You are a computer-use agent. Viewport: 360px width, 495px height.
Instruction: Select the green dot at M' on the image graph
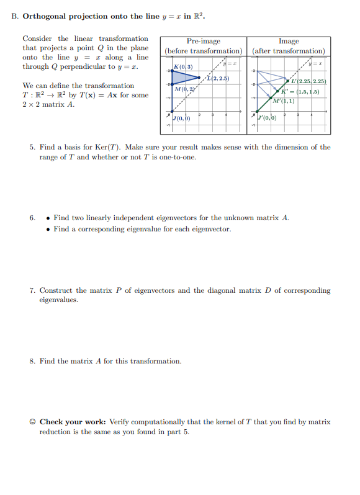pyautogui.click(x=271, y=101)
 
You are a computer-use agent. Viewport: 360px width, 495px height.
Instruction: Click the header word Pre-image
pyautogui.click(x=203, y=41)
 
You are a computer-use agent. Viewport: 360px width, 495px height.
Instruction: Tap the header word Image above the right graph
pyautogui.click(x=289, y=41)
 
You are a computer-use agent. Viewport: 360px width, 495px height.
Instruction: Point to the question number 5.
pyautogui.click(x=32, y=148)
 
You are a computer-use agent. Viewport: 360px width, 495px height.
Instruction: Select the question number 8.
pyautogui.click(x=32, y=361)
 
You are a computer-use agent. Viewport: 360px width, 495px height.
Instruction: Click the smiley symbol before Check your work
pyautogui.click(x=32, y=422)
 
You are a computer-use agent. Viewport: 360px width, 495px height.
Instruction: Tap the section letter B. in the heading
pyautogui.click(x=15, y=16)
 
